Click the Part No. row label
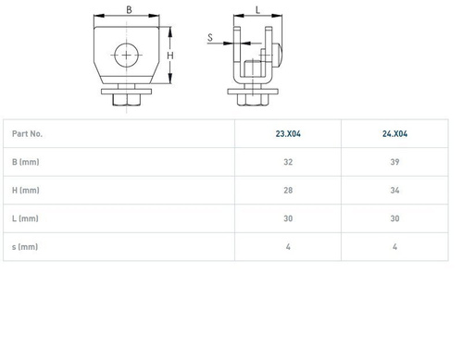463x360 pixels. [x=27, y=133]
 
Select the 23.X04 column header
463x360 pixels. [x=288, y=133]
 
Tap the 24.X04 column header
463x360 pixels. [x=394, y=133]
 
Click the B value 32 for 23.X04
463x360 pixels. [x=288, y=162]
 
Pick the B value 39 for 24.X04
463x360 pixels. [x=394, y=162]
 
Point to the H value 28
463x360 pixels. [x=288, y=191]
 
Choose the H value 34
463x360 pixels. [x=394, y=191]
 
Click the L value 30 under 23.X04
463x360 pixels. [x=288, y=218]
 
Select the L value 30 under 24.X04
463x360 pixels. [x=394, y=218]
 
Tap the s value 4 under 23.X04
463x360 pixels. [x=288, y=247]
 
